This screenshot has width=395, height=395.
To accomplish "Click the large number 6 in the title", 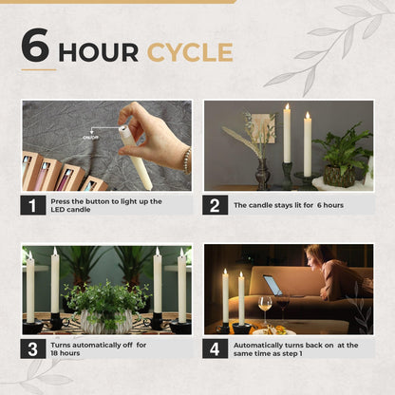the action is tap(35, 45).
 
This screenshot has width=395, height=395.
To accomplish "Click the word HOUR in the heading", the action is tap(99, 52).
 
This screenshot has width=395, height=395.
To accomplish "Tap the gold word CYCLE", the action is tap(190, 52).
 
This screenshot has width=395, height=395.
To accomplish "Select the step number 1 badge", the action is tap(33, 205).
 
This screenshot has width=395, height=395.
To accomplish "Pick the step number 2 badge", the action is tap(215, 205).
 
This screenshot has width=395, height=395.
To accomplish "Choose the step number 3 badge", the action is tap(33, 348).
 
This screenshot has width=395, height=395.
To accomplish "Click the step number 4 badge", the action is tap(215, 348).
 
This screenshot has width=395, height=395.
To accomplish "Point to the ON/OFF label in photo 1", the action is tap(90, 138).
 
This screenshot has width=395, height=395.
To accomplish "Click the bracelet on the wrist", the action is tap(187, 160).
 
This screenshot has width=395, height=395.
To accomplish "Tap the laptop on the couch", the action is tap(273, 286).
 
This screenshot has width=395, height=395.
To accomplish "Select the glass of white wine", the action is tap(265, 309).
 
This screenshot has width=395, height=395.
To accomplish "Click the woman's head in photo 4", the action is tap(316, 257).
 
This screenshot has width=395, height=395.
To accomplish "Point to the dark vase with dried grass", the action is tap(263, 174).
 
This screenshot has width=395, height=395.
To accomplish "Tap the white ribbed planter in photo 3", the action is tap(105, 321).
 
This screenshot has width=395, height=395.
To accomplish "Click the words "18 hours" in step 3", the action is tap(66, 353).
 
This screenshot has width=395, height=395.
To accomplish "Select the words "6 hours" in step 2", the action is tap(330, 205).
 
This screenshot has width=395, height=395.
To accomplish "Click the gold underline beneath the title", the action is tap(39, 69).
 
